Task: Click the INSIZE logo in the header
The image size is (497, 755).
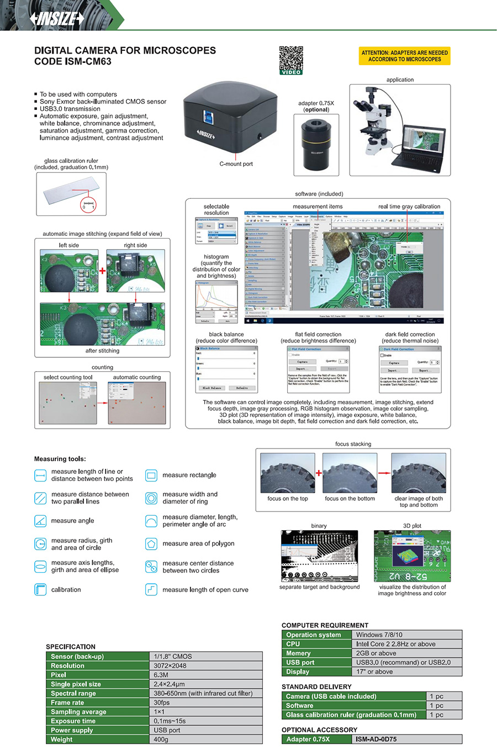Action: [x=57, y=18]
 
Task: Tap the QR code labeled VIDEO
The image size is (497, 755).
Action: [x=291, y=59]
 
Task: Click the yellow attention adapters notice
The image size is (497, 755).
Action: [x=405, y=56]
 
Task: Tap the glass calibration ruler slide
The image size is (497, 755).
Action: [x=71, y=194]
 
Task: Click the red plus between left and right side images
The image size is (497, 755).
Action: [x=103, y=271]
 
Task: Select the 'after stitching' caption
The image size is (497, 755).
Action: [x=102, y=351]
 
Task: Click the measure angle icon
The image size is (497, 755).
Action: [x=40, y=521]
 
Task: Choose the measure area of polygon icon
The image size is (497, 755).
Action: [x=151, y=543]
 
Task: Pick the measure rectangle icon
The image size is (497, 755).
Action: [x=151, y=475]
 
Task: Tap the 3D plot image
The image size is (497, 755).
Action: [x=412, y=556]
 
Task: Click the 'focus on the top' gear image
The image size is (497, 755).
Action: [x=288, y=473]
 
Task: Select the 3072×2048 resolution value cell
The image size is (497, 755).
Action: [x=170, y=666]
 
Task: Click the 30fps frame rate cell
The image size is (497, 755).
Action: [x=162, y=703]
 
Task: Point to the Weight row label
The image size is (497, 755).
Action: [x=61, y=739]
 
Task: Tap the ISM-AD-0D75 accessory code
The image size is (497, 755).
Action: [x=376, y=739]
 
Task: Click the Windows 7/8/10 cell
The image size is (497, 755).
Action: [x=379, y=635]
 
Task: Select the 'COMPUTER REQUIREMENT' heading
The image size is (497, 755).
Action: [x=325, y=625]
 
